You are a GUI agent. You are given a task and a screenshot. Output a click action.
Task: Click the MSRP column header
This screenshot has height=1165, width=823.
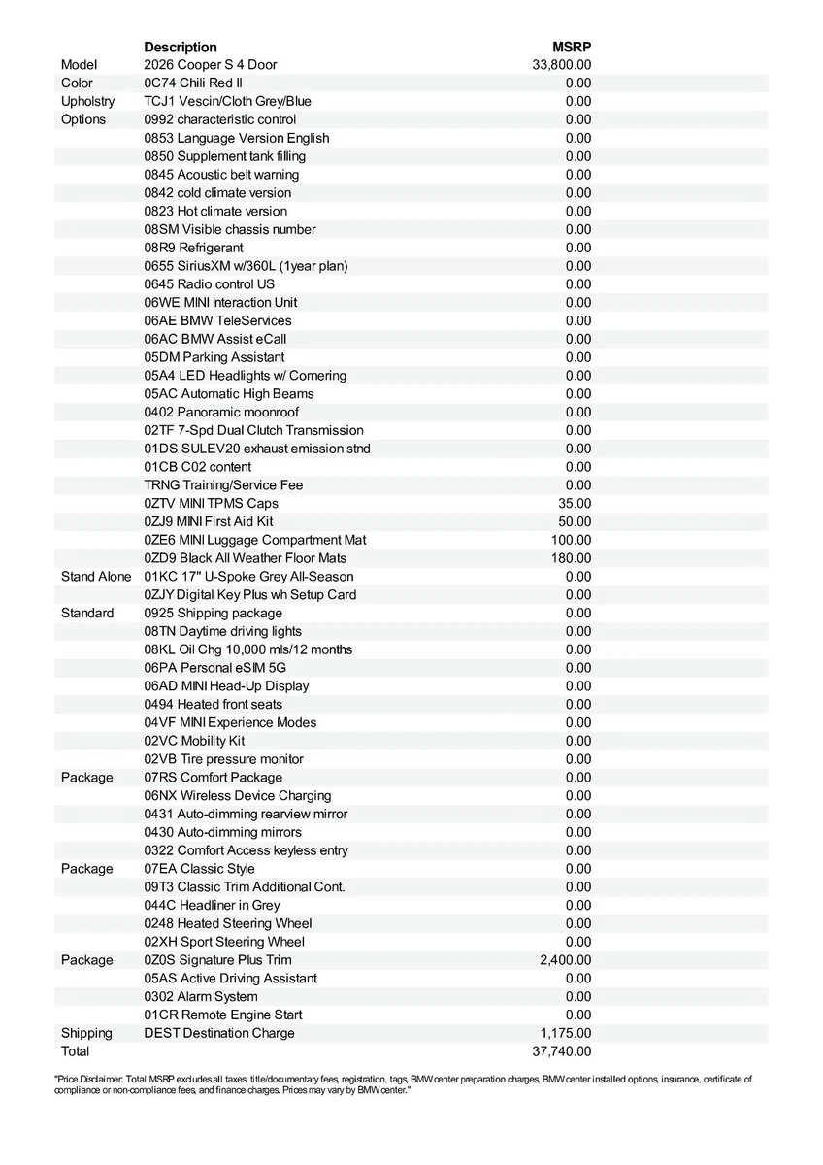pos(572,47)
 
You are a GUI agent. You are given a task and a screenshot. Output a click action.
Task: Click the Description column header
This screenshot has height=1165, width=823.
pos(181,47)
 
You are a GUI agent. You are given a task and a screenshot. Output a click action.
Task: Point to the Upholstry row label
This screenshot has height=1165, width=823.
pos(87,101)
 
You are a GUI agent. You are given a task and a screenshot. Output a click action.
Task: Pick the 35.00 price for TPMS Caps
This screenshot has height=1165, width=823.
pos(576,503)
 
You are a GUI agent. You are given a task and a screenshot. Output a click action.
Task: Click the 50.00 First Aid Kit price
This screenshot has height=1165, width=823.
pos(576,521)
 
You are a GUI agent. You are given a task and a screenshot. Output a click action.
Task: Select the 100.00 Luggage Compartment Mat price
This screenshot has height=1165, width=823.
pos(572,540)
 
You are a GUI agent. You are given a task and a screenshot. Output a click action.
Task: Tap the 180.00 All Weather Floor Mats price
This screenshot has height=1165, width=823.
pos(572,558)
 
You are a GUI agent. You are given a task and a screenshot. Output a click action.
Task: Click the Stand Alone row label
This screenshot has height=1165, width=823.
pos(95,577)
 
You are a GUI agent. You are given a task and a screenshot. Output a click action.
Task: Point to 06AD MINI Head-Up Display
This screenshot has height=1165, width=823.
pos(227,685)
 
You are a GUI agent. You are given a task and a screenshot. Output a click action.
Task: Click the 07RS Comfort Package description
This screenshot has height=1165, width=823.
pos(214,777)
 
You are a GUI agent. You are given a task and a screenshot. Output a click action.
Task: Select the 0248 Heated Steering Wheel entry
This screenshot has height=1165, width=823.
pos(228,923)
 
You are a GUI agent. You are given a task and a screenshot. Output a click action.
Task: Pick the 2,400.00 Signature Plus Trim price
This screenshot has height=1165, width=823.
pos(566,960)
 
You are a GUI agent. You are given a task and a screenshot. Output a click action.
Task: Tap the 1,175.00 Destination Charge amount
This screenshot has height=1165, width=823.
pos(566,1033)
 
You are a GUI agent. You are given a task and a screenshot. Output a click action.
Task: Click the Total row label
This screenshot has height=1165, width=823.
pos(75,1051)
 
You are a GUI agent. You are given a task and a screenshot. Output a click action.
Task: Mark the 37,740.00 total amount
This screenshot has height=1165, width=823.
pos(562,1051)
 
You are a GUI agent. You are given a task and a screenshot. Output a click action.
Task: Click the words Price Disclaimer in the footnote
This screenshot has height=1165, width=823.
pos(86,1079)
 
